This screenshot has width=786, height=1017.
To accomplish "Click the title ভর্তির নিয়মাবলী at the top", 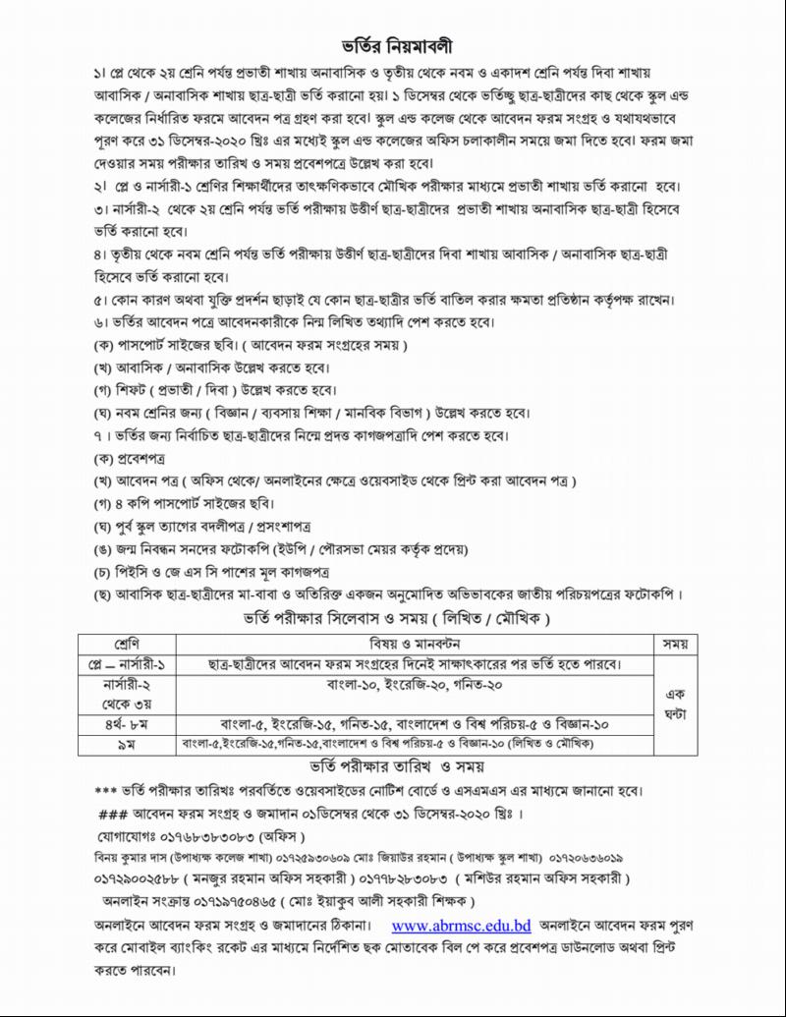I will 393,46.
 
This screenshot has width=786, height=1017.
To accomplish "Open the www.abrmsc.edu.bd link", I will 461,926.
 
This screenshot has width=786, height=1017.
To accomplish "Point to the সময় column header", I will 673,645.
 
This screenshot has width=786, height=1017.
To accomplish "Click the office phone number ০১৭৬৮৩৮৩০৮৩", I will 213,837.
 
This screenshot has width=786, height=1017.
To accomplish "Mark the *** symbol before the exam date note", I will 105,791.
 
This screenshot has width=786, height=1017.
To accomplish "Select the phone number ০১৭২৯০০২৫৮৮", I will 140,878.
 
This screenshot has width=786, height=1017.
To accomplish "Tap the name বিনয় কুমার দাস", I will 125,858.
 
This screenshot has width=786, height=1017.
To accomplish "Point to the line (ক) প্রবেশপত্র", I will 129,458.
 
